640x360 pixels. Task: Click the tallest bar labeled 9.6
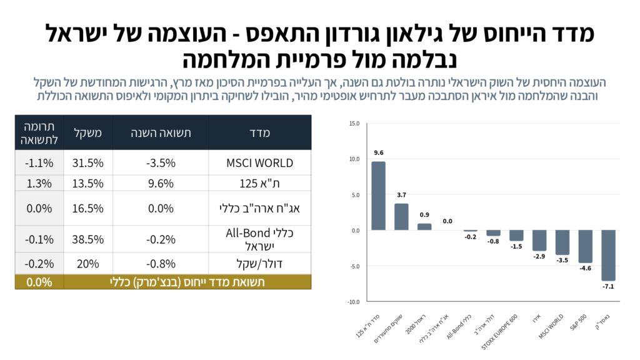(378, 196)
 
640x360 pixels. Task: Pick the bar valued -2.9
(539, 240)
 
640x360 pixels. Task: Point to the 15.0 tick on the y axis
(354, 123)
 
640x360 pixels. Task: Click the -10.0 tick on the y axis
(353, 302)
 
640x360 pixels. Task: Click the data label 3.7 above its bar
(401, 196)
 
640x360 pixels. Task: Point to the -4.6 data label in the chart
(585, 268)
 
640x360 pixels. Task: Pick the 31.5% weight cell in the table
(88, 162)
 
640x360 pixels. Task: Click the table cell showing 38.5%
(88, 239)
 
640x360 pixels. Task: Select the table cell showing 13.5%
(88, 183)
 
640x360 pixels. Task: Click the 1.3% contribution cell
(39, 183)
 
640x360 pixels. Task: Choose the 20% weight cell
(88, 263)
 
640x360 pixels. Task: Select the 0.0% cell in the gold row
(39, 282)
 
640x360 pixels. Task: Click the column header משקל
(88, 132)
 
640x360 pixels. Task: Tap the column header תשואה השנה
(161, 132)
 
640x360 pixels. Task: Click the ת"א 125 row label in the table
(260, 183)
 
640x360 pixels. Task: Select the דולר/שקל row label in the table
(260, 263)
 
